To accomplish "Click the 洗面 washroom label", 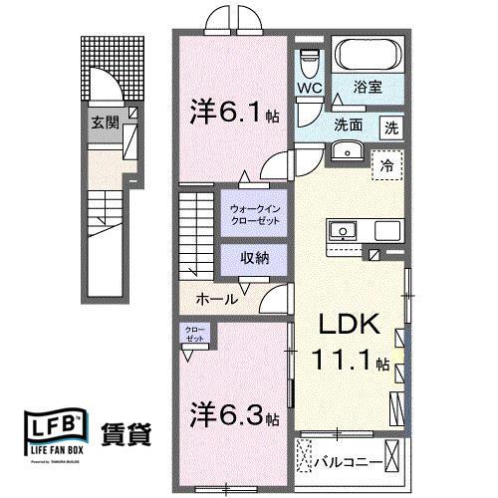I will pos(348,126).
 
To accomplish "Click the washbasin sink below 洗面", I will pos(346,151).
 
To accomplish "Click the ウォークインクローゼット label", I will pos(257,214).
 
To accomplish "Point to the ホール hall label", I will pos(216,299).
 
